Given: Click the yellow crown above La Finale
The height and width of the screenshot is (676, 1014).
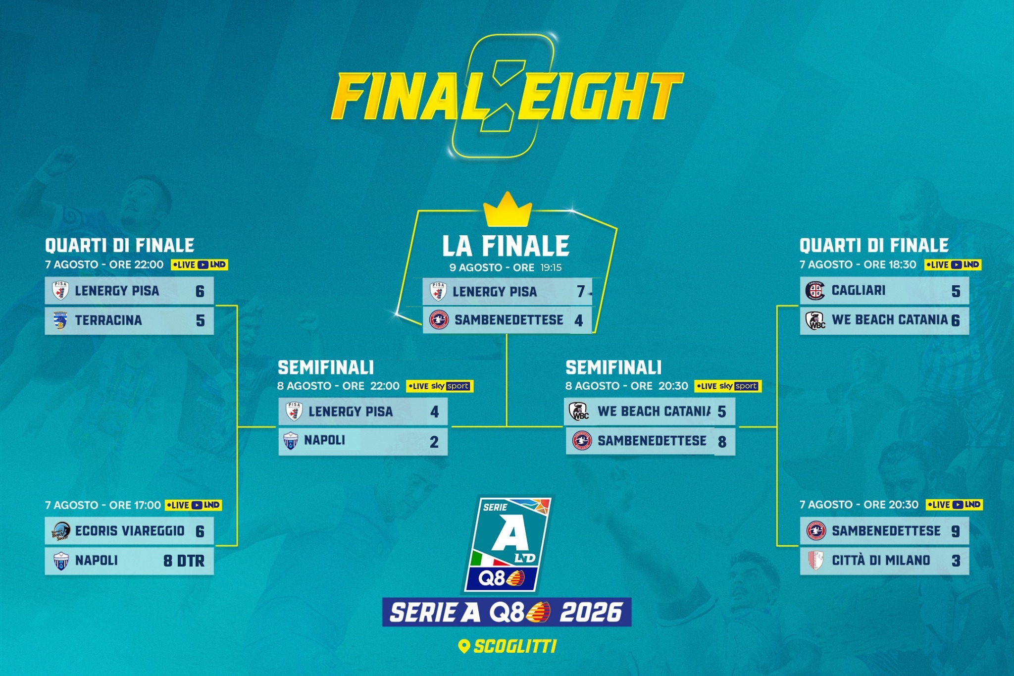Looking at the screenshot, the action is click(x=507, y=210).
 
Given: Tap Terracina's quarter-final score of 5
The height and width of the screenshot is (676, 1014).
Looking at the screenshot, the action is click(x=200, y=321).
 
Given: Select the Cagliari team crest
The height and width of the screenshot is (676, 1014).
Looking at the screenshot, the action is click(x=815, y=291).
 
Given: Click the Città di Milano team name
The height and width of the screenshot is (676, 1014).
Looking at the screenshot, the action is click(x=881, y=560).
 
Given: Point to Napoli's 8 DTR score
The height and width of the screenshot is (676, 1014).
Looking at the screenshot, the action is click(x=184, y=561).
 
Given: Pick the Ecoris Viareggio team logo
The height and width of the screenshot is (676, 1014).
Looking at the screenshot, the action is click(x=61, y=531).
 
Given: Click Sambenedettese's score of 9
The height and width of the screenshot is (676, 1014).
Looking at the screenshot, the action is click(x=956, y=531).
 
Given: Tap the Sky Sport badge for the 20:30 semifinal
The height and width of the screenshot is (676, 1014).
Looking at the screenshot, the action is click(x=728, y=386).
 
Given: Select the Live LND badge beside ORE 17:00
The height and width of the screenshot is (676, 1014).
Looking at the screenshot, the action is click(x=193, y=505).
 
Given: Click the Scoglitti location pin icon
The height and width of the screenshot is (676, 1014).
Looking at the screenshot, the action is click(x=464, y=646).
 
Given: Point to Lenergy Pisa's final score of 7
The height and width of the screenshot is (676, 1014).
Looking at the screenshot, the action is click(x=581, y=292).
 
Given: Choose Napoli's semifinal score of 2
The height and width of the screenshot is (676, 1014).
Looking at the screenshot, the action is click(x=434, y=442).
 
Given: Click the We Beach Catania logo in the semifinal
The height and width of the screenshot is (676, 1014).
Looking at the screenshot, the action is click(x=579, y=412).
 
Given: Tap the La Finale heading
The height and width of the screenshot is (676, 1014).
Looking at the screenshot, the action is click(x=506, y=246).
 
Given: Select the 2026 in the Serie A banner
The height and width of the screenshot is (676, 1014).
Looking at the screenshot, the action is click(x=591, y=613).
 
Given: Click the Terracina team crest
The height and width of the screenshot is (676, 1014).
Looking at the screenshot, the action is click(x=60, y=321).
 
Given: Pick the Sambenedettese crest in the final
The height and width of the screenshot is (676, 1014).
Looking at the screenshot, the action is click(x=439, y=320).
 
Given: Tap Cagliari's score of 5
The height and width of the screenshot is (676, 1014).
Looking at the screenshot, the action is click(x=956, y=291).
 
